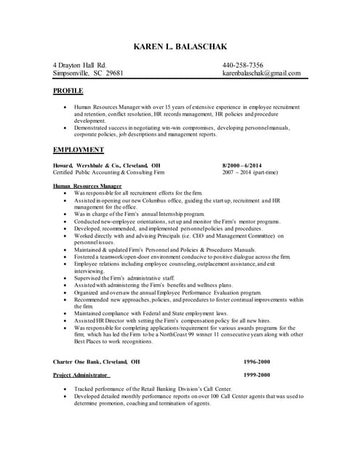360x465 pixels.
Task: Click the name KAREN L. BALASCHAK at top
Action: coord(180,48)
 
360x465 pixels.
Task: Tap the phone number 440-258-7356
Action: coord(243,65)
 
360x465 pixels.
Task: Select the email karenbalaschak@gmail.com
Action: coord(261,73)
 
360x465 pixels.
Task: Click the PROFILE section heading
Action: coord(68,91)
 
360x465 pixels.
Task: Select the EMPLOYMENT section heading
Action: coord(79,150)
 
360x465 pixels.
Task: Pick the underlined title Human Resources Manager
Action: coord(87,186)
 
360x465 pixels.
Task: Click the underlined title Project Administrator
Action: coord(81,375)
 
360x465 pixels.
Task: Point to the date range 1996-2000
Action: coord(257,361)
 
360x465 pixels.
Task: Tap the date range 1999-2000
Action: coord(257,375)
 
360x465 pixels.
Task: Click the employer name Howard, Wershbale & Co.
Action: coord(87,165)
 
